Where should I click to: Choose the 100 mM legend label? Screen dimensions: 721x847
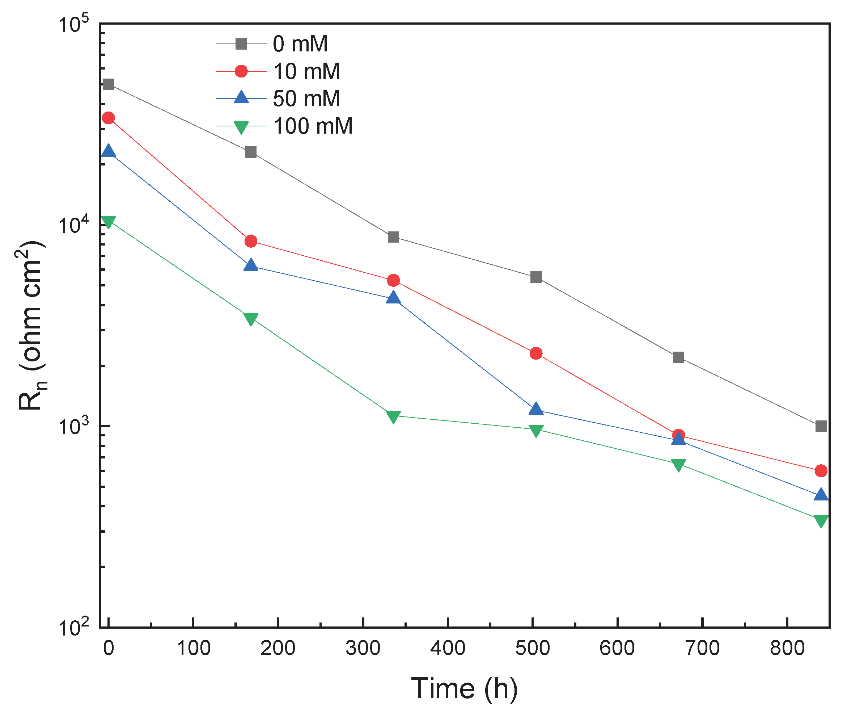point(312,126)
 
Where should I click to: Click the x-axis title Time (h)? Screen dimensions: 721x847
point(464,688)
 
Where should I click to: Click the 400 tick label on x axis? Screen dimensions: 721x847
point(448,648)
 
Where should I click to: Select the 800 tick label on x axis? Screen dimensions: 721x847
point(787,648)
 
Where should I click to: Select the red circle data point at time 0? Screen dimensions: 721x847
point(108,118)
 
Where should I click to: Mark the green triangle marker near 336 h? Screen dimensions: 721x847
point(393,416)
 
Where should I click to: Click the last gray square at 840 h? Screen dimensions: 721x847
point(821,426)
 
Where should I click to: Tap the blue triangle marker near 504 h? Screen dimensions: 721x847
point(536,409)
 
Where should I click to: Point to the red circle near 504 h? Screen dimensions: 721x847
point(536,353)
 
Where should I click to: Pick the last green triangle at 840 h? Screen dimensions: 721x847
point(821,521)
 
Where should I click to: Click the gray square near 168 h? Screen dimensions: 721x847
point(251,152)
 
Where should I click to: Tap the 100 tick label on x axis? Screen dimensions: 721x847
point(193,648)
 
